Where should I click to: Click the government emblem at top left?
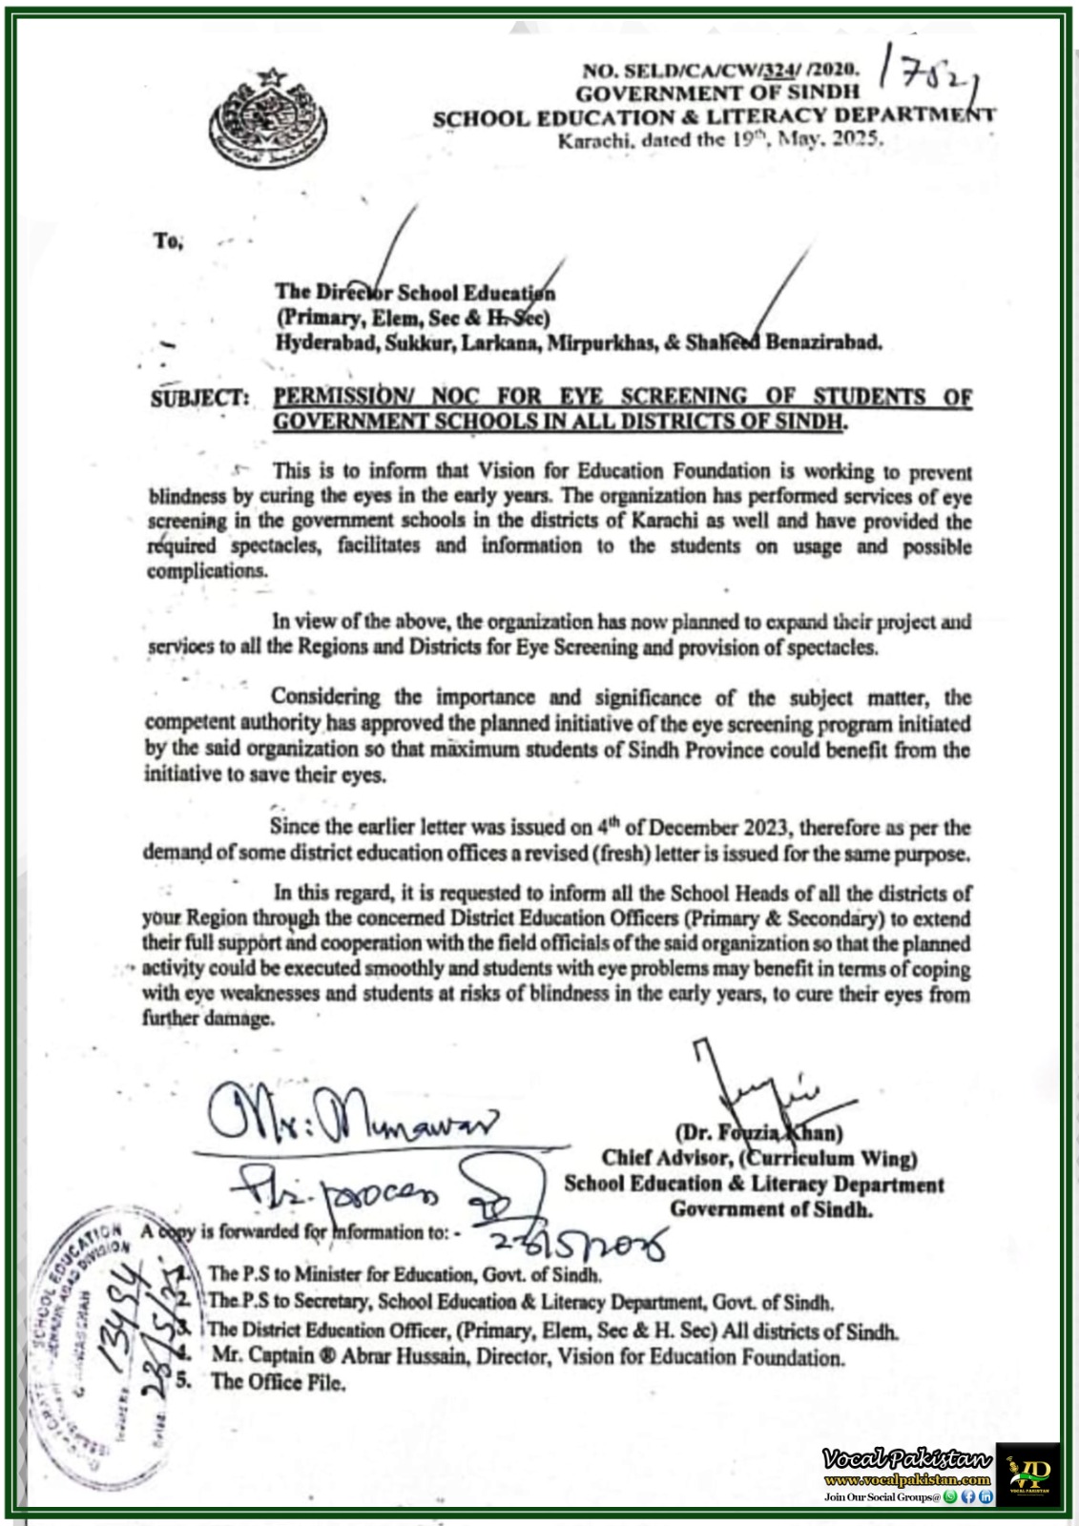[266, 116]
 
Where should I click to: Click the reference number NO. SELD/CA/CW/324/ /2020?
[720, 70]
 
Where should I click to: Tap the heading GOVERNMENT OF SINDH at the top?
[716, 93]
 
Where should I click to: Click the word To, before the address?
[167, 241]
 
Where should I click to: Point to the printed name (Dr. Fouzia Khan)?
[759, 1133]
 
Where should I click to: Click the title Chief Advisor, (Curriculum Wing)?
[759, 1158]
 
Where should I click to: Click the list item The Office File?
[278, 1382]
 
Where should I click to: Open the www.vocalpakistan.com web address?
[906, 1479]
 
